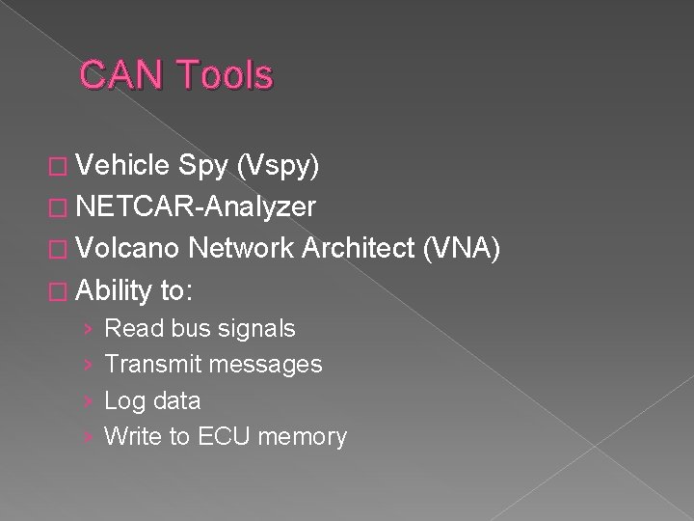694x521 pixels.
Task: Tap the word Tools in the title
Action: [223, 75]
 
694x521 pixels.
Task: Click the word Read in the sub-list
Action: [134, 329]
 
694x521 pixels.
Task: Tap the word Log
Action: [123, 400]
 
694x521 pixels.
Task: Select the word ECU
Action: [225, 436]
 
